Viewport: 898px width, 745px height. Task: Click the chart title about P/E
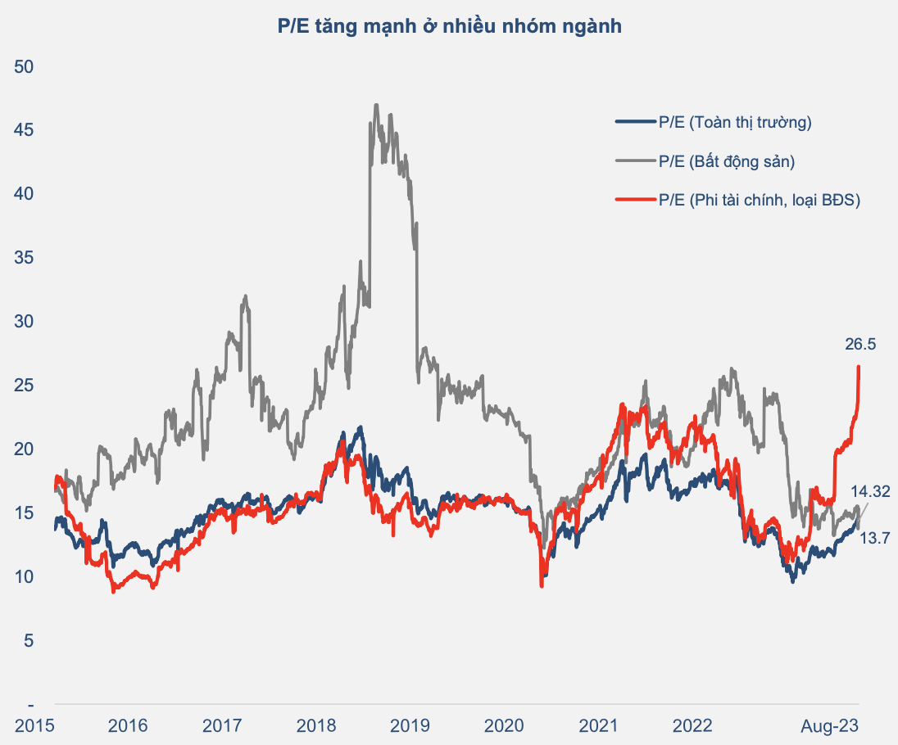click(x=449, y=27)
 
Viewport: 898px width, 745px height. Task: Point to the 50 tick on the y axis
click(x=24, y=66)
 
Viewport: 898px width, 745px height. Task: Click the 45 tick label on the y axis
click(x=24, y=130)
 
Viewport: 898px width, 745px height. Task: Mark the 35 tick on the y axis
click(x=24, y=258)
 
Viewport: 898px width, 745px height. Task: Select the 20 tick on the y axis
click(x=24, y=449)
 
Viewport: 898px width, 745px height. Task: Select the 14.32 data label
click(x=869, y=491)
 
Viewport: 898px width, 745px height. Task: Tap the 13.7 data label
click(x=873, y=537)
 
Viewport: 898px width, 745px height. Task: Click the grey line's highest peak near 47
click(x=376, y=105)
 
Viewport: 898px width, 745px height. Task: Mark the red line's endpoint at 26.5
click(x=859, y=367)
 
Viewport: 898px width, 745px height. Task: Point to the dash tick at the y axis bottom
click(x=30, y=705)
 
